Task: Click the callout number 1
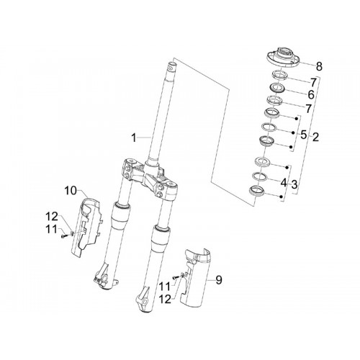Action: point(133,138)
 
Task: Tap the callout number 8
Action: point(319,66)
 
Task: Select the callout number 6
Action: point(311,95)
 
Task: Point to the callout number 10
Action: point(71,191)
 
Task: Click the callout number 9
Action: point(219,280)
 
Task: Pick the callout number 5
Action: point(304,135)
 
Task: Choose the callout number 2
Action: point(315,137)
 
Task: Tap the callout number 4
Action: point(284,183)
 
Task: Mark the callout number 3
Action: point(294,184)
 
